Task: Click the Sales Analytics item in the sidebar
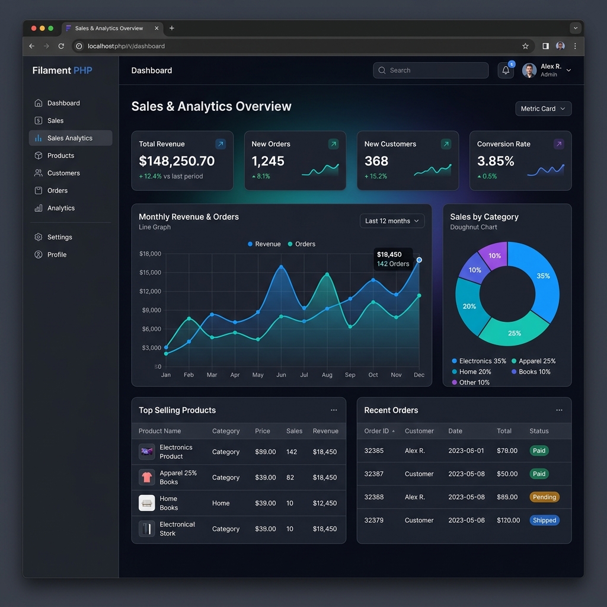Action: (x=70, y=138)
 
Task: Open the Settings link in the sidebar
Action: (x=59, y=237)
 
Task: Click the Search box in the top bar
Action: (x=431, y=71)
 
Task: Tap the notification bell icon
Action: (x=506, y=71)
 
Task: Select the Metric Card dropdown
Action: (x=543, y=108)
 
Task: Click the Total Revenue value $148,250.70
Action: (x=177, y=161)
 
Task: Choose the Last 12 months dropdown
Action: (x=392, y=221)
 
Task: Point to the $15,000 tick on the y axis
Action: (x=150, y=273)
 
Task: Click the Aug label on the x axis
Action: (x=327, y=375)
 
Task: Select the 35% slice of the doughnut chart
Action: (x=539, y=279)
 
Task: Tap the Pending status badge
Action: (x=544, y=497)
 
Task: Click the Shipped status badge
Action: (x=544, y=520)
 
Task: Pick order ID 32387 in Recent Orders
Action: (x=374, y=474)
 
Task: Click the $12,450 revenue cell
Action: (x=325, y=503)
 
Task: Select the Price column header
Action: (x=263, y=431)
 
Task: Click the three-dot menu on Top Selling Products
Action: (x=334, y=410)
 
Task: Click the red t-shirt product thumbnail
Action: (x=147, y=477)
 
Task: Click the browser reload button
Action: (x=61, y=46)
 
